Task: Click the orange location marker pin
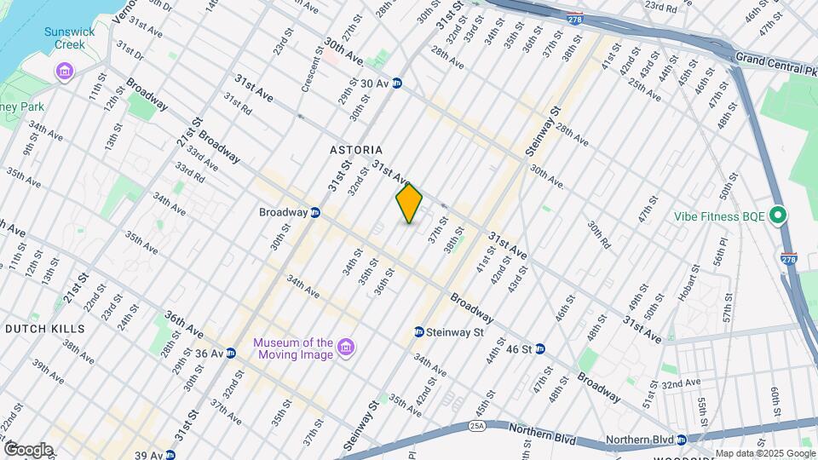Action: pos(409,203)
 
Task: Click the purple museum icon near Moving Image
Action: pos(346,348)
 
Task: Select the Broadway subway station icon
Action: pos(315,213)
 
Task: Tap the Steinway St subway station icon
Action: pos(419,331)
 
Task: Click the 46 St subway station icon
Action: pos(540,349)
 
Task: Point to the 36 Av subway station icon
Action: pos(231,353)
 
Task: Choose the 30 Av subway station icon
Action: pos(397,83)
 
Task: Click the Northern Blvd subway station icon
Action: pos(681,440)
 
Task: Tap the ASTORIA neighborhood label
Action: pos(356,150)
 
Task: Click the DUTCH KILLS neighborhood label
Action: pos(44,328)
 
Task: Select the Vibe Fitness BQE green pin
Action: pos(777,216)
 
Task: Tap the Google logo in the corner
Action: pos(27,449)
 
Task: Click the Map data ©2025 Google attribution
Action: pos(765,453)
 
